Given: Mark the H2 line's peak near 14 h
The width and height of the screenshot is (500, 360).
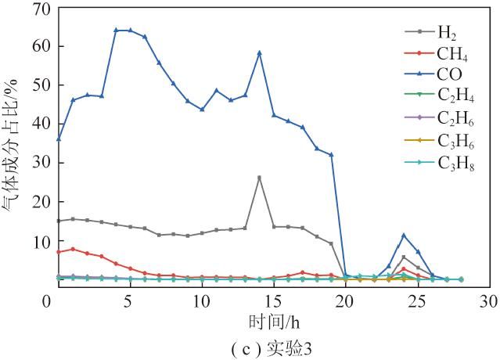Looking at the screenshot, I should click(x=259, y=178).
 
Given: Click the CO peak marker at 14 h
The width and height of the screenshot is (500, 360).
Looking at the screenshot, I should click(x=259, y=53).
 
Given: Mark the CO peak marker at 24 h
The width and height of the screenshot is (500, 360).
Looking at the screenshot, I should click(x=404, y=236).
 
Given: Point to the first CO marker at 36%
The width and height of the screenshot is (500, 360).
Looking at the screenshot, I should click(x=58, y=139).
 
